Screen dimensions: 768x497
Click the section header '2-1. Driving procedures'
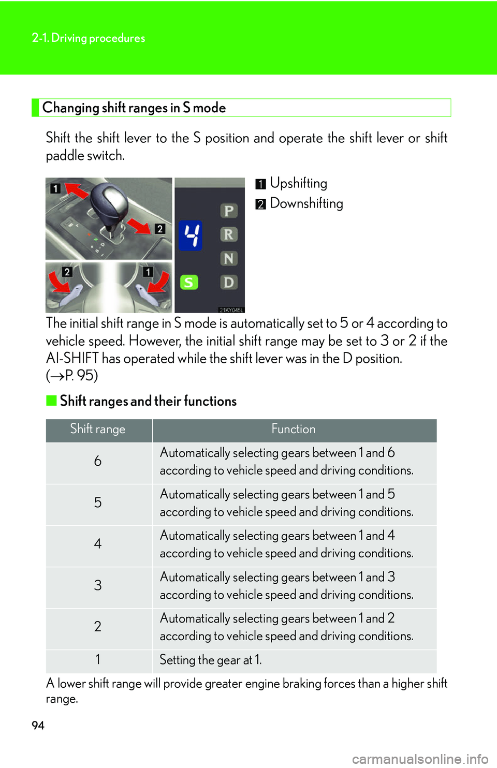pos(89,38)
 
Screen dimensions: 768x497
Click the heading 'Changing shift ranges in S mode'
pos(134,108)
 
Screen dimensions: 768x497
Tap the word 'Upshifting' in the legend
pos(298,183)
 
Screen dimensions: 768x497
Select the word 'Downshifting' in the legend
pos(306,203)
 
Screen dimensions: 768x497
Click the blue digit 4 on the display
pos(191,235)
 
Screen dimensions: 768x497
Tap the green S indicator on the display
pos(189,282)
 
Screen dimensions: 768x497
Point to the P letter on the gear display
pos(228,211)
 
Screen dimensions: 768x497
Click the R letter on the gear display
pos(228,234)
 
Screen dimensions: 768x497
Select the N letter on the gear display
pos(228,258)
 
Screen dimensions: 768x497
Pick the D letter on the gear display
pos(228,282)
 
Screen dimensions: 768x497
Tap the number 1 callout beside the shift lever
pos(55,188)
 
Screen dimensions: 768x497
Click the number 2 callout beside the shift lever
pos(160,229)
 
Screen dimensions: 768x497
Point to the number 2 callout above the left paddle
pos(67,272)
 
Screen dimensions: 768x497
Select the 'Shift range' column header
pos(98,429)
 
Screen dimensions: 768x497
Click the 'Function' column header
pos(294,429)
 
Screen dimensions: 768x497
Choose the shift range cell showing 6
pos(98,461)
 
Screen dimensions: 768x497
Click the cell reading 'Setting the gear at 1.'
pos(211,660)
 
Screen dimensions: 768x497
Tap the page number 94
pos(38,726)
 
